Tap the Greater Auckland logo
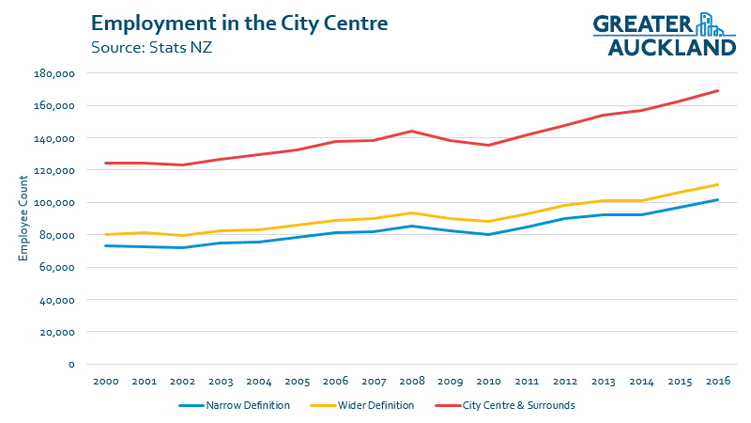(x=664, y=35)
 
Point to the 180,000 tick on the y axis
(x=54, y=73)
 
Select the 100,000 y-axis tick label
(x=54, y=203)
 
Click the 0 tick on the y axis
(x=70, y=365)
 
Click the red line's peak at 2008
(x=411, y=131)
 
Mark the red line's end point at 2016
(x=718, y=90)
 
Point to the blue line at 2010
(x=487, y=235)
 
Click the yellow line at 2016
(x=718, y=184)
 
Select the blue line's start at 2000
(x=104, y=245)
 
